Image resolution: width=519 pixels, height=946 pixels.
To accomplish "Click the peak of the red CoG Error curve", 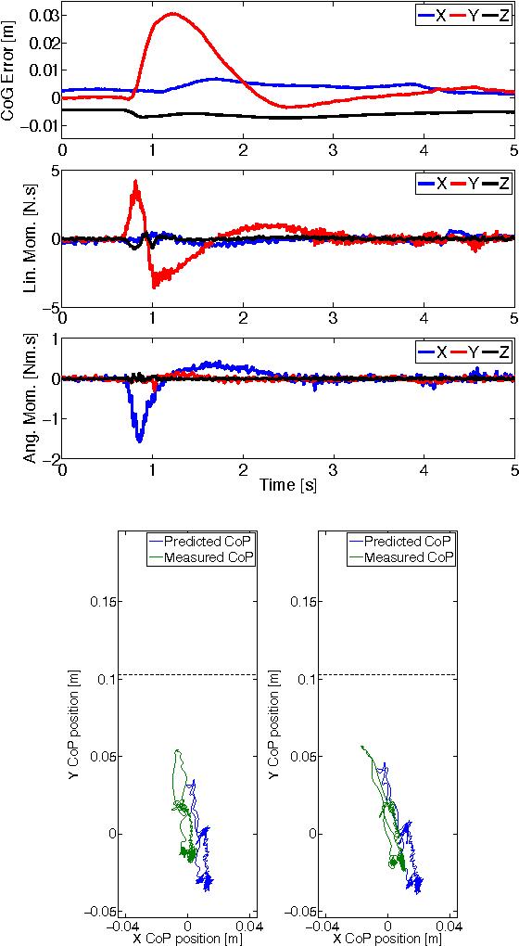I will [x=173, y=14].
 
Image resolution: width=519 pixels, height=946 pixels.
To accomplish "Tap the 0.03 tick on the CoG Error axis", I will [x=44, y=16].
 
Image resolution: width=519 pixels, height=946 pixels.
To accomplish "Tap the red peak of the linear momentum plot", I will [x=136, y=183].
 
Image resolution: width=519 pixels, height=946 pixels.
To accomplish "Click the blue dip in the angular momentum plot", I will [x=139, y=439].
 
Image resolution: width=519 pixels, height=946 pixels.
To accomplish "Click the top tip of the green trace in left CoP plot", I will [x=177, y=751].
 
